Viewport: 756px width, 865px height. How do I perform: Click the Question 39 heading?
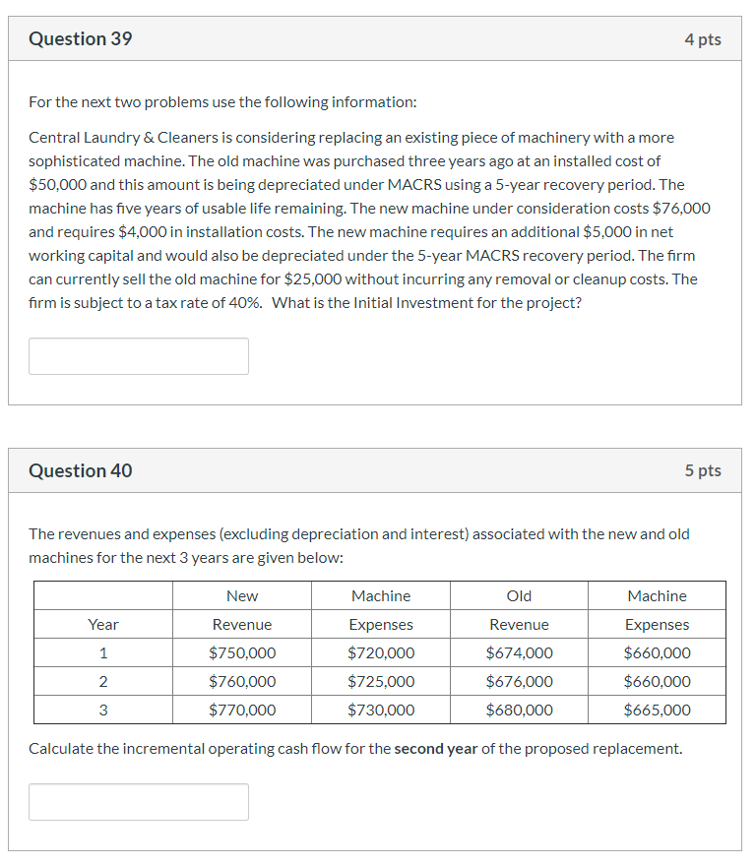tap(81, 39)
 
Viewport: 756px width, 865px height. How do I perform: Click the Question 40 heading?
tap(81, 471)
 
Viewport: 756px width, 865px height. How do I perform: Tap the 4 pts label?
tap(703, 39)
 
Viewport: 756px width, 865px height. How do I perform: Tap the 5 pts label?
tap(703, 471)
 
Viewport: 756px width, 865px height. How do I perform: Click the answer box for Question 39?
tap(139, 356)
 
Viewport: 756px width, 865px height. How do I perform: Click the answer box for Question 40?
tap(139, 802)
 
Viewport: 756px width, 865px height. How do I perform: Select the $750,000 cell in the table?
tap(242, 653)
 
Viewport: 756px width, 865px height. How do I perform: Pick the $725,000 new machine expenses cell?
tap(381, 682)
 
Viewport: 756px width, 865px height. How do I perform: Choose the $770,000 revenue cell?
tap(242, 711)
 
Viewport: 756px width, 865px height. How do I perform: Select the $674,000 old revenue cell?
tap(519, 653)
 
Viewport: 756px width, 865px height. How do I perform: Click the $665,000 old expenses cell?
tap(657, 711)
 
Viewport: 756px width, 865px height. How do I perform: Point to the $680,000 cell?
tap(519, 711)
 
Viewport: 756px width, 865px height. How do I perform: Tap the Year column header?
tap(103, 625)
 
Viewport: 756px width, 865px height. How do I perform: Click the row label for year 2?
tap(103, 682)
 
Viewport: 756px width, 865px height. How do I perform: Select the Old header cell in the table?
tap(519, 596)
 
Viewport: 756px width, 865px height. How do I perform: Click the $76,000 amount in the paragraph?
tap(681, 209)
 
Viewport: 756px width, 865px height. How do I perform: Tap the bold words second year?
tap(435, 749)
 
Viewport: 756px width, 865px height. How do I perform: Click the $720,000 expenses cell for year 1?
tap(381, 653)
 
